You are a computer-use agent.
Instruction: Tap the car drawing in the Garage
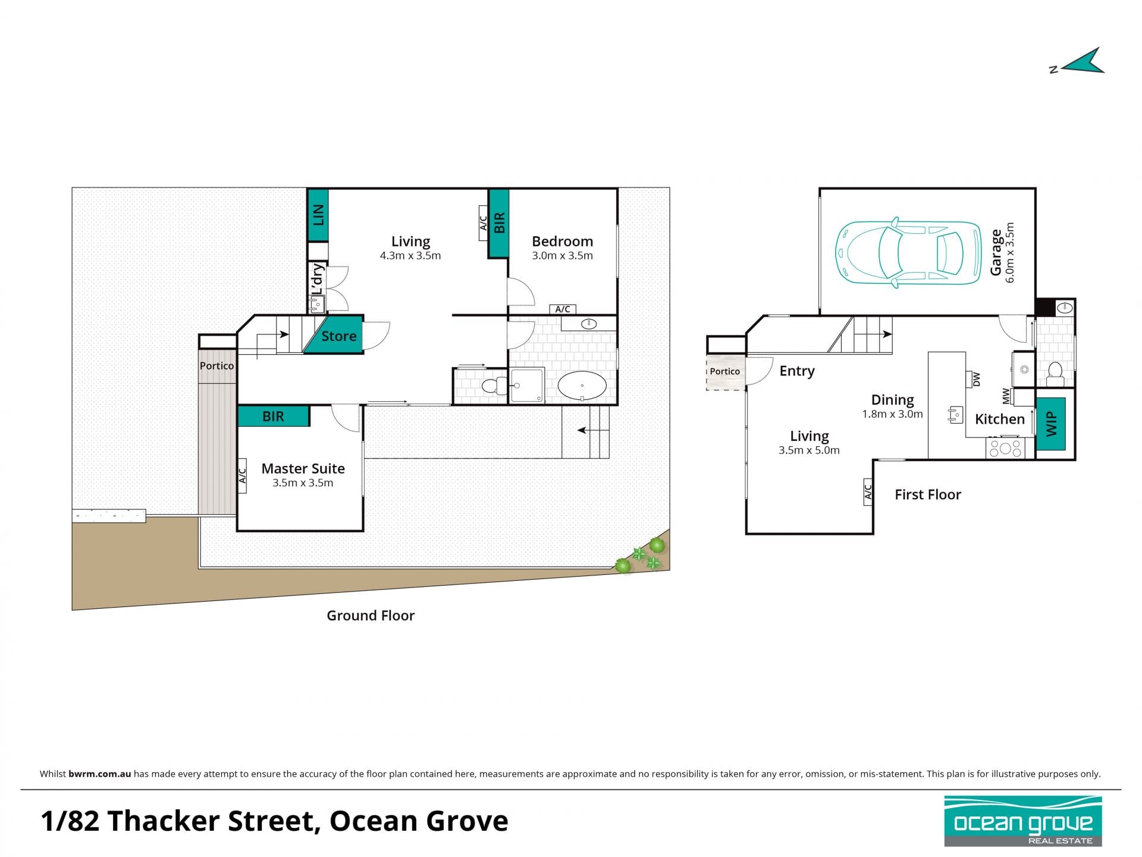click(908, 253)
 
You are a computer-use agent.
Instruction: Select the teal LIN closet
click(318, 215)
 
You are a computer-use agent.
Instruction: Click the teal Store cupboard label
click(338, 336)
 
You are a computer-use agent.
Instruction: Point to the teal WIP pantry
click(1051, 424)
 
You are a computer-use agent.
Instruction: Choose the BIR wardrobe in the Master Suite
click(274, 416)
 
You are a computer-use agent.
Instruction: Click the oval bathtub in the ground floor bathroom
click(582, 386)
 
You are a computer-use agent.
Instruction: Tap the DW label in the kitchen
click(976, 379)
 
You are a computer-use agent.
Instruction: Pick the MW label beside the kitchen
click(1006, 395)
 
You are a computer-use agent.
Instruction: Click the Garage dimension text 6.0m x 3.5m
click(1010, 253)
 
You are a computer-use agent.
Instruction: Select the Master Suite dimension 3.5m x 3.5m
click(303, 483)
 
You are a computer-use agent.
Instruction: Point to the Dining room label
click(892, 400)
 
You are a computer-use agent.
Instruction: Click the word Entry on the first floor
click(797, 371)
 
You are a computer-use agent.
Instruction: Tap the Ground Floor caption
click(371, 615)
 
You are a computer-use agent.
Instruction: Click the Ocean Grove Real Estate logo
click(1023, 821)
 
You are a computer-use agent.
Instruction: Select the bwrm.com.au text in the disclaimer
click(99, 774)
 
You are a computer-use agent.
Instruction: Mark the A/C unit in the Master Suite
click(242, 476)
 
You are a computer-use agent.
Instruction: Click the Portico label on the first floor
click(724, 371)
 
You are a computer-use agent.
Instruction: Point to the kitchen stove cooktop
click(1005, 448)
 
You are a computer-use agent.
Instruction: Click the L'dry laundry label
click(318, 280)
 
